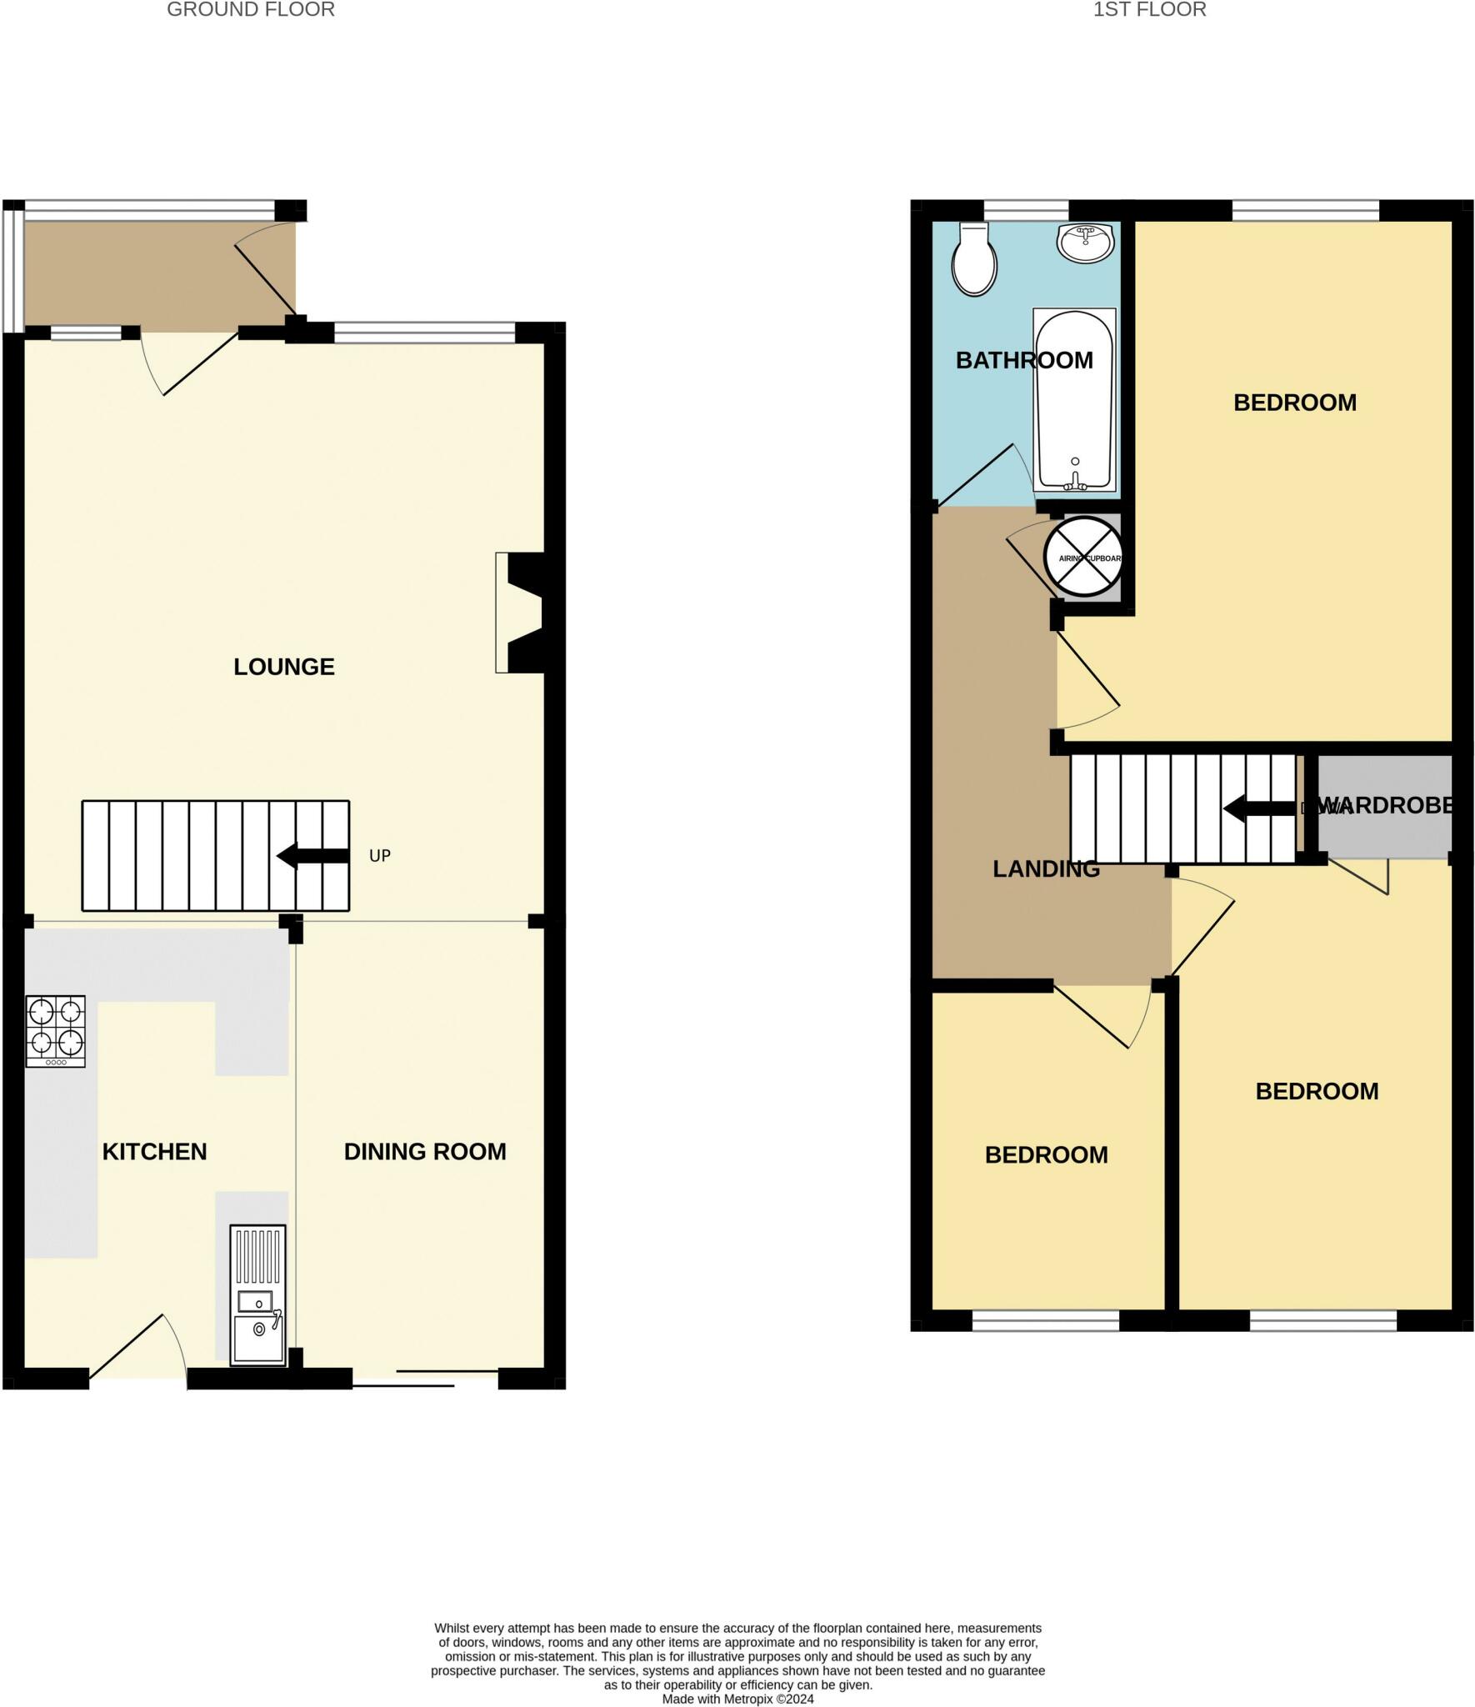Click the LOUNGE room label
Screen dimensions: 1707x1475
pos(283,667)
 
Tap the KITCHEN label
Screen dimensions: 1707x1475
pos(154,1151)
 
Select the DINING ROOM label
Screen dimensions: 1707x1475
pos(425,1151)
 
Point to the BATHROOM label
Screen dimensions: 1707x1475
pos(1023,360)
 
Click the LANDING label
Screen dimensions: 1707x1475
pos(1046,869)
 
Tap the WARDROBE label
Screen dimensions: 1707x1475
pos(1387,806)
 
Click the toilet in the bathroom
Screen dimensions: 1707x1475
pos(974,260)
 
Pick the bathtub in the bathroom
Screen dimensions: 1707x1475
pos(1073,400)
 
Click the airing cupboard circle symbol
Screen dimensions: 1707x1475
pos(1083,557)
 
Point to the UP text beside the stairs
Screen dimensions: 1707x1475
pos(379,856)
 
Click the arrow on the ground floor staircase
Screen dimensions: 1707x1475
pos(312,856)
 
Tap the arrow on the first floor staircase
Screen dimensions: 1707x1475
pos(1258,808)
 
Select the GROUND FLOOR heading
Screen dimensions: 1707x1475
pos(251,10)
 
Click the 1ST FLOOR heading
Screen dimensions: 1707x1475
pos(1149,10)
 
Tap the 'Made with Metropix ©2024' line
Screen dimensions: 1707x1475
pos(737,1699)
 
